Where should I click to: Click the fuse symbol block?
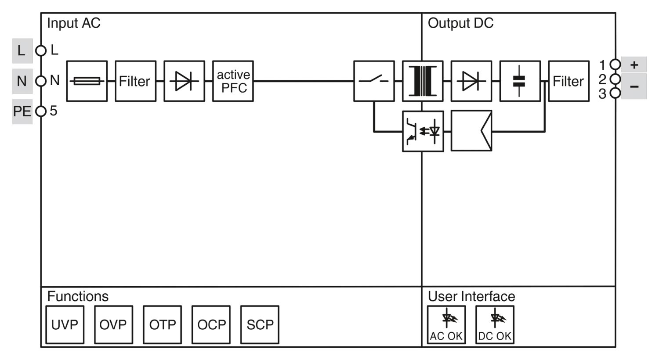(x=87, y=81)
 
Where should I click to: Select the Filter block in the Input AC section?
(x=135, y=81)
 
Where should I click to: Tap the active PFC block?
(x=233, y=81)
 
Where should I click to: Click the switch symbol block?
(x=374, y=81)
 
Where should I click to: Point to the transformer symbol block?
(x=423, y=81)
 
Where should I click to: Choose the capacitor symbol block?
(x=520, y=81)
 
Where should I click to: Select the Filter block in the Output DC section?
(x=568, y=81)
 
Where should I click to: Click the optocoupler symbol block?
(x=423, y=131)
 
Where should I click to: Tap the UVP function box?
(x=65, y=324)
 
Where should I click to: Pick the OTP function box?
(x=162, y=324)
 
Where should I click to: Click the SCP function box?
(x=260, y=324)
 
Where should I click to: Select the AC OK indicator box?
(x=446, y=324)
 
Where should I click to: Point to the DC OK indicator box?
(x=495, y=324)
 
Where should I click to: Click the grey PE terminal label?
(x=22, y=112)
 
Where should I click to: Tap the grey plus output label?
(x=634, y=65)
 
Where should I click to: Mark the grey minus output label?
(x=634, y=86)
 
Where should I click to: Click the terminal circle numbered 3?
(x=615, y=93)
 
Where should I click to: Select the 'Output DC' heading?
(x=460, y=23)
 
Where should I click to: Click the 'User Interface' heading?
(x=471, y=296)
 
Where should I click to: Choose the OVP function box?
(x=113, y=324)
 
